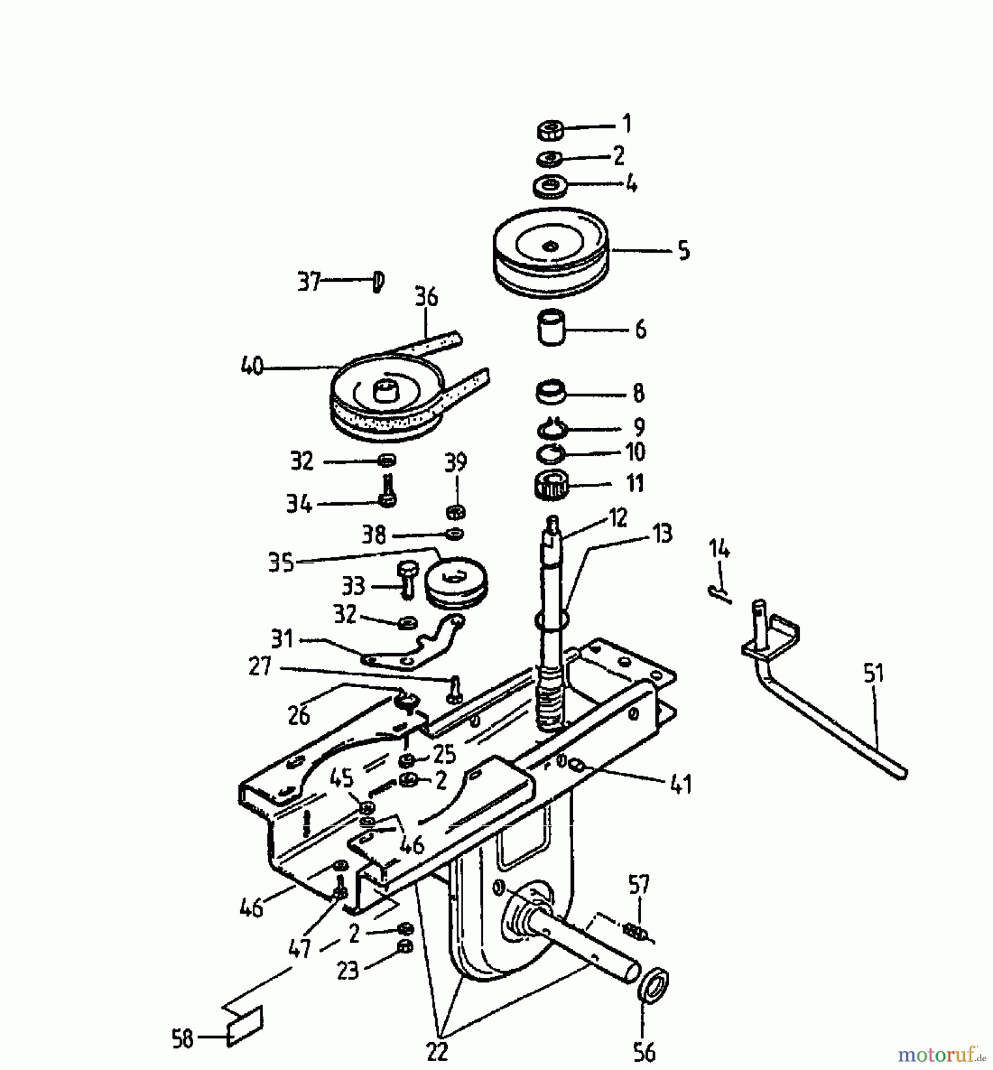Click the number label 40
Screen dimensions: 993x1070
[x=252, y=366]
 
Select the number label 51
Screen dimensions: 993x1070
[x=873, y=674]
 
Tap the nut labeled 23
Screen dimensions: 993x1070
[x=404, y=963]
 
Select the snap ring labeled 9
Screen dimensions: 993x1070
[x=552, y=427]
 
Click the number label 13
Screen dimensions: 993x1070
[x=662, y=534]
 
